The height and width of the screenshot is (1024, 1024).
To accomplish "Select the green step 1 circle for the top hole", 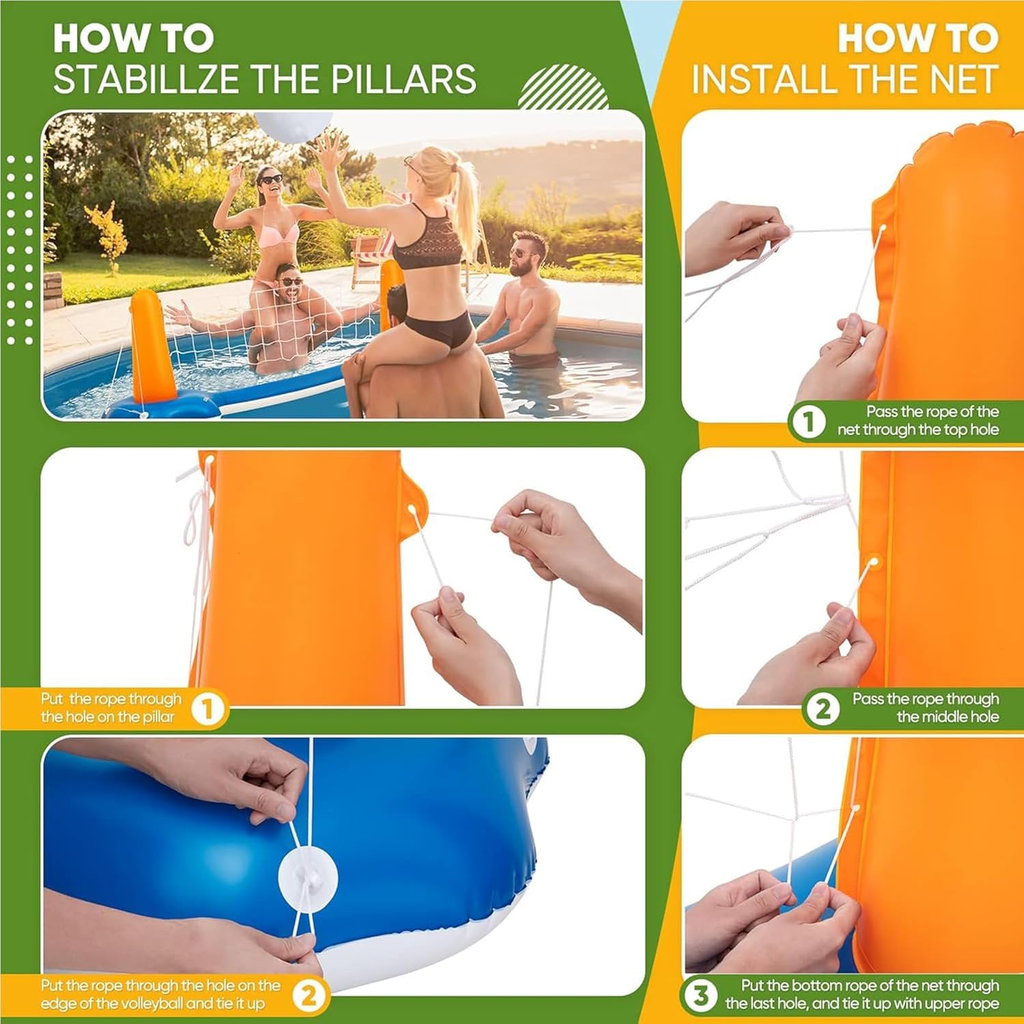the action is (x=808, y=423).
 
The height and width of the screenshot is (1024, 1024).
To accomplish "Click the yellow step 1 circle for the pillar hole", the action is (x=208, y=709).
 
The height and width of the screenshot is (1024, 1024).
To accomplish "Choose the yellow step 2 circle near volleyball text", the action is (x=309, y=996).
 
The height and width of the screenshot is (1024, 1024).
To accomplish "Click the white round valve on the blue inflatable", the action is (x=308, y=876).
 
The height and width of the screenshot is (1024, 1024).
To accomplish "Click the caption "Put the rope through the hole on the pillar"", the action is (x=111, y=708).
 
